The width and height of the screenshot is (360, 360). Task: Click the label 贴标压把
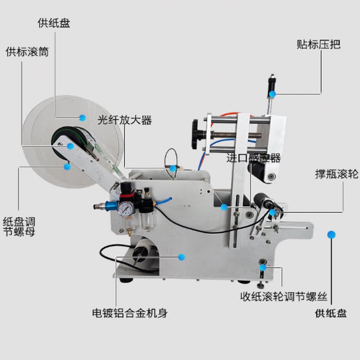tap(319, 45)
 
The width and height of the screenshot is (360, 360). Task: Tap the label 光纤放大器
tap(125, 121)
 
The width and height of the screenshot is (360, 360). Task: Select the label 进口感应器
tap(253, 158)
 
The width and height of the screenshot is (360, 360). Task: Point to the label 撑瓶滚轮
tap(337, 174)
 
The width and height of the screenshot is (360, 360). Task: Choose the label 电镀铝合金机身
tap(130, 313)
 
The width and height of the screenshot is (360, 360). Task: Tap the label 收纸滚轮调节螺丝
tap(283, 297)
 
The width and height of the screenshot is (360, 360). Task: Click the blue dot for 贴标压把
tap(273, 94)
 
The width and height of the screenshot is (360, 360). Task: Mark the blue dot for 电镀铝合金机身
tap(182, 257)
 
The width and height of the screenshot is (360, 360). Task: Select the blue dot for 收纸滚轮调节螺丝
tap(262, 268)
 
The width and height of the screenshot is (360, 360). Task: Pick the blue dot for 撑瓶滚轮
tap(272, 211)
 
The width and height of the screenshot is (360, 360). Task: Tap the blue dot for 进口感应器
tap(224, 207)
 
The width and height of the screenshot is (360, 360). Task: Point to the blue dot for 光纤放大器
tap(173, 168)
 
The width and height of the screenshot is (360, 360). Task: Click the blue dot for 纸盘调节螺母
tap(67, 166)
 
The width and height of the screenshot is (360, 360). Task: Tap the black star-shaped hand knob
tap(197, 134)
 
